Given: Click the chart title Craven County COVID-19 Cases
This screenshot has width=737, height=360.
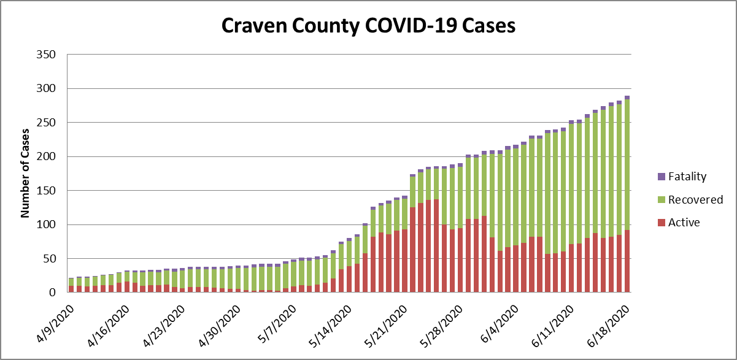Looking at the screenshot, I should (368, 26).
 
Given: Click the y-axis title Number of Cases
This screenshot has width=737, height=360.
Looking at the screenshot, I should (26, 174).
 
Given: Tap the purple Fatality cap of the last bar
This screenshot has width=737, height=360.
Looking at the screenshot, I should (627, 98).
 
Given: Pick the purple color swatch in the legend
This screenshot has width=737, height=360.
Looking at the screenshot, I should (661, 177).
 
